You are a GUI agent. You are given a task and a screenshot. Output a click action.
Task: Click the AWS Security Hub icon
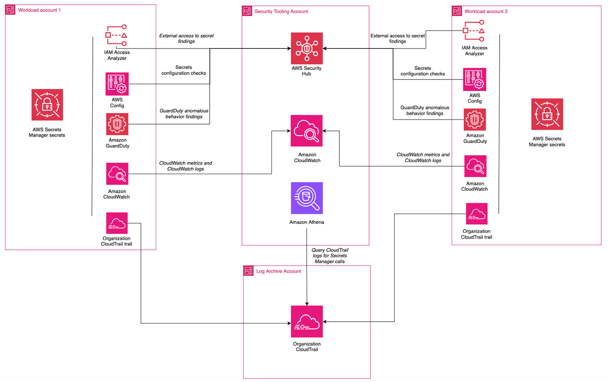(x=307, y=48)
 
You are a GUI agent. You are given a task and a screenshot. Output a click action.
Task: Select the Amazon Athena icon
(x=307, y=198)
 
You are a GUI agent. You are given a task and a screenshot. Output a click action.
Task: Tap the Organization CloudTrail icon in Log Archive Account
(x=307, y=321)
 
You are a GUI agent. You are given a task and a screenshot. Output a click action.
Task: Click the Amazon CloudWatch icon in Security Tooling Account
(x=307, y=131)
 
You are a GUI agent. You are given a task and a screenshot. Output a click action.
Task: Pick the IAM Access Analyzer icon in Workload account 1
(x=116, y=36)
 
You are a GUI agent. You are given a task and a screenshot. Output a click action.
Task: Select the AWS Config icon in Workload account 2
(x=474, y=80)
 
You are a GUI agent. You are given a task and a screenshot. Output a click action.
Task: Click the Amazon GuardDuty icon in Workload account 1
(x=117, y=124)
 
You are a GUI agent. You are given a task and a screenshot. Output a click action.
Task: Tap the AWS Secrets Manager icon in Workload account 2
(x=547, y=114)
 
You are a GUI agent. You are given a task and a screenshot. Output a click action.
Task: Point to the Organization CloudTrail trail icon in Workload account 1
(x=117, y=223)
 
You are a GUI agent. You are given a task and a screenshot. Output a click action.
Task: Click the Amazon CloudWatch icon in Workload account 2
(x=475, y=166)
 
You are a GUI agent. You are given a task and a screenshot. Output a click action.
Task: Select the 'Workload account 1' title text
(x=39, y=10)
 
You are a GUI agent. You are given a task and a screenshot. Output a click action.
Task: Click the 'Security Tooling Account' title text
(x=281, y=11)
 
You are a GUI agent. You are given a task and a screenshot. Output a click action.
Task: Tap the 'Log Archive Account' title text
(x=278, y=271)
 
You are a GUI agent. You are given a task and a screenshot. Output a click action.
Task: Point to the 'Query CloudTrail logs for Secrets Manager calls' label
(x=330, y=256)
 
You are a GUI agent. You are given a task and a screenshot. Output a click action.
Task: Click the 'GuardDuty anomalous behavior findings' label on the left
(x=184, y=114)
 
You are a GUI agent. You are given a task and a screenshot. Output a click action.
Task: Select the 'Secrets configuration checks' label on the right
(x=423, y=71)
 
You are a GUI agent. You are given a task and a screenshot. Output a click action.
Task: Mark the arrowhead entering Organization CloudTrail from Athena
(x=307, y=303)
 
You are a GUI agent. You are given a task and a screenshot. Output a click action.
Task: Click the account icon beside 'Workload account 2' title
(x=457, y=11)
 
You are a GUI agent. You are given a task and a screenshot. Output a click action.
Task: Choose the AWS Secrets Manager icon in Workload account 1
(x=47, y=105)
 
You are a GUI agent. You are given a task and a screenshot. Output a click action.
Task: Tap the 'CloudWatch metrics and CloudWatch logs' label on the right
(x=423, y=158)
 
